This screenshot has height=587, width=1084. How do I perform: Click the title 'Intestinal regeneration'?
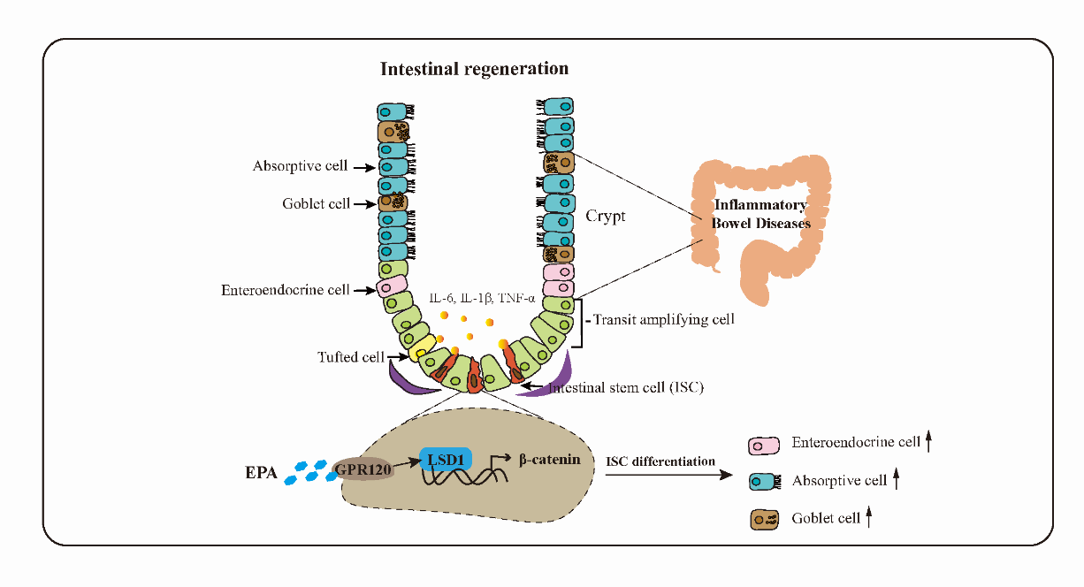474,68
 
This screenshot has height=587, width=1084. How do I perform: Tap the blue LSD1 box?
447,458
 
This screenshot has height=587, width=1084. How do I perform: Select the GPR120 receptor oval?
363,469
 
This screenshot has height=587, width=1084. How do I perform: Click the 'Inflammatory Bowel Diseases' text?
762,215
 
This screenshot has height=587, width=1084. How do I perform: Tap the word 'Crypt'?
606,216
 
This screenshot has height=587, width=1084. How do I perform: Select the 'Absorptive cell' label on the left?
301,165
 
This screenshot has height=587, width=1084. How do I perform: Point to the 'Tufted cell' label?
351,357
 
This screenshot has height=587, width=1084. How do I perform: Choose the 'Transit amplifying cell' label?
663,320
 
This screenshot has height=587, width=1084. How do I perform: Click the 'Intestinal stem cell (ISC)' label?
626,387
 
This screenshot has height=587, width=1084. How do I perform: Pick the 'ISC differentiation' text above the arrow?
660,461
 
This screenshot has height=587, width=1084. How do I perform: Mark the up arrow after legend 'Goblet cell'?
870,518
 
